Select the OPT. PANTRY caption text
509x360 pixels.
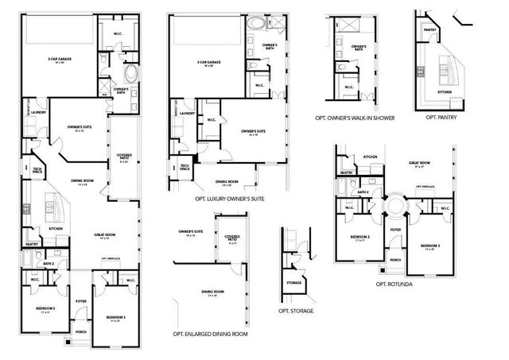click(x=441, y=117)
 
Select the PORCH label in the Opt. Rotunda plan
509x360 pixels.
click(x=394, y=259)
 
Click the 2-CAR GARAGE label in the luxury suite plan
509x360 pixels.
click(x=208, y=61)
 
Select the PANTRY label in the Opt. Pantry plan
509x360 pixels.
click(x=430, y=31)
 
